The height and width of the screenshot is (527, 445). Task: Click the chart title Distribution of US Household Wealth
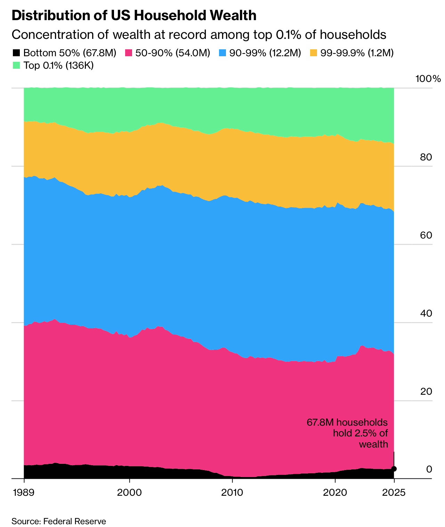tap(134, 16)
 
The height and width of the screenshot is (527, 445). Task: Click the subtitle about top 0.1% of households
tap(199, 35)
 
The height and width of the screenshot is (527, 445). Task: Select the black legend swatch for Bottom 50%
tap(16, 53)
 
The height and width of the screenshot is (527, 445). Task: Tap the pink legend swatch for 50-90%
tap(129, 53)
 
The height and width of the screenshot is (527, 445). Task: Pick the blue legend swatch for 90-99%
tap(223, 53)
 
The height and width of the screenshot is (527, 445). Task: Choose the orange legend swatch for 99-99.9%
tap(314, 53)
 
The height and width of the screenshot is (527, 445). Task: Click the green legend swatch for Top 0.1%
tap(16, 65)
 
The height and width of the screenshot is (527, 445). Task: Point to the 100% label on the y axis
tap(428, 79)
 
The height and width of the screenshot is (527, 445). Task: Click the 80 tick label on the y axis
tap(426, 157)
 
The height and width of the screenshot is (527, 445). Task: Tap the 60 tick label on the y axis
tap(426, 235)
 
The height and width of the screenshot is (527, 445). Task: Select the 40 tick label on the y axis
tap(426, 313)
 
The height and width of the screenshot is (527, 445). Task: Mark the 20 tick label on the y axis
tap(426, 392)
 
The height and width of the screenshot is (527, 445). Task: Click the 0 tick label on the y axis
tap(429, 469)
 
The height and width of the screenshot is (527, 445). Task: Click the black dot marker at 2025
tap(394, 469)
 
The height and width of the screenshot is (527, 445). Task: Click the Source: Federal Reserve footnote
tap(59, 521)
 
